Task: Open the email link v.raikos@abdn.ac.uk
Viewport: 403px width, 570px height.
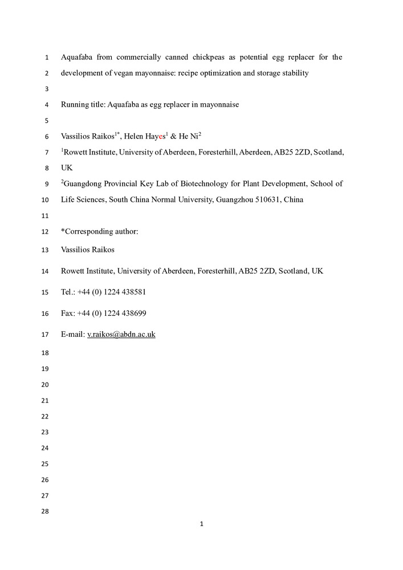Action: [x=121, y=335]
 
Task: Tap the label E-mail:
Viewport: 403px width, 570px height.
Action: [x=72, y=335]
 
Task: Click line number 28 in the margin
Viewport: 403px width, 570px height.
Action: [x=46, y=511]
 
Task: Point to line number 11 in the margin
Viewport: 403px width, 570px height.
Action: [x=46, y=216]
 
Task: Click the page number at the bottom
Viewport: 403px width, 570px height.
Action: [x=202, y=524]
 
